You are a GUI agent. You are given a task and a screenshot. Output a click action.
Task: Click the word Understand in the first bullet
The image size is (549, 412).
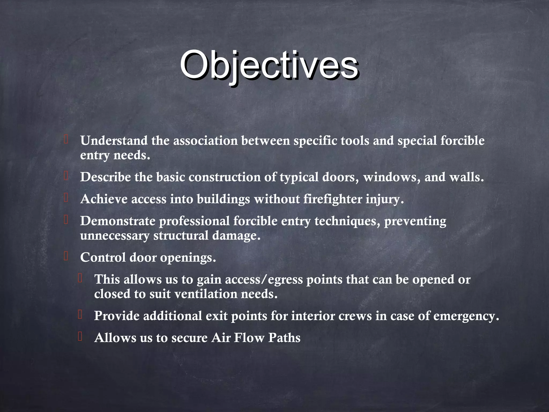pos(114,141)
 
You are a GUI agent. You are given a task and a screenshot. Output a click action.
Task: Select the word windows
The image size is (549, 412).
pos(392,177)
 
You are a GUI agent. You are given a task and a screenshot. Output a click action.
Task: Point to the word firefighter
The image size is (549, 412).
pos(333,199)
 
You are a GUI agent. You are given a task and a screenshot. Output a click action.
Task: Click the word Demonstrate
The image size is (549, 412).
pos(118,221)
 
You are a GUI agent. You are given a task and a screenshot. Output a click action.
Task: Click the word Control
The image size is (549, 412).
pos(103,257)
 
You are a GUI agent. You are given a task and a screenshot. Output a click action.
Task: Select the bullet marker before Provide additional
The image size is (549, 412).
pos(80,315)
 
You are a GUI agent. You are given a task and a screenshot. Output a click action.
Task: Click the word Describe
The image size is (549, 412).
pos(105,177)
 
